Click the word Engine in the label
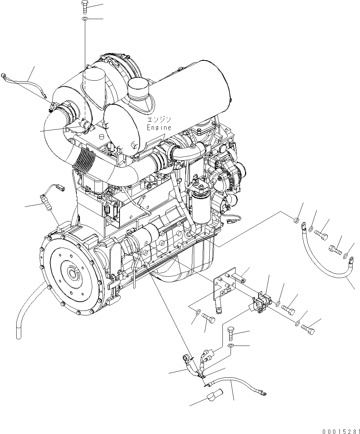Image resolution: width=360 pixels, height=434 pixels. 159,128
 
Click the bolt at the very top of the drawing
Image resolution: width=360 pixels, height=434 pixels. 85,5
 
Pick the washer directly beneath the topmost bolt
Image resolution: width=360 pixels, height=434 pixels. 85,18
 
